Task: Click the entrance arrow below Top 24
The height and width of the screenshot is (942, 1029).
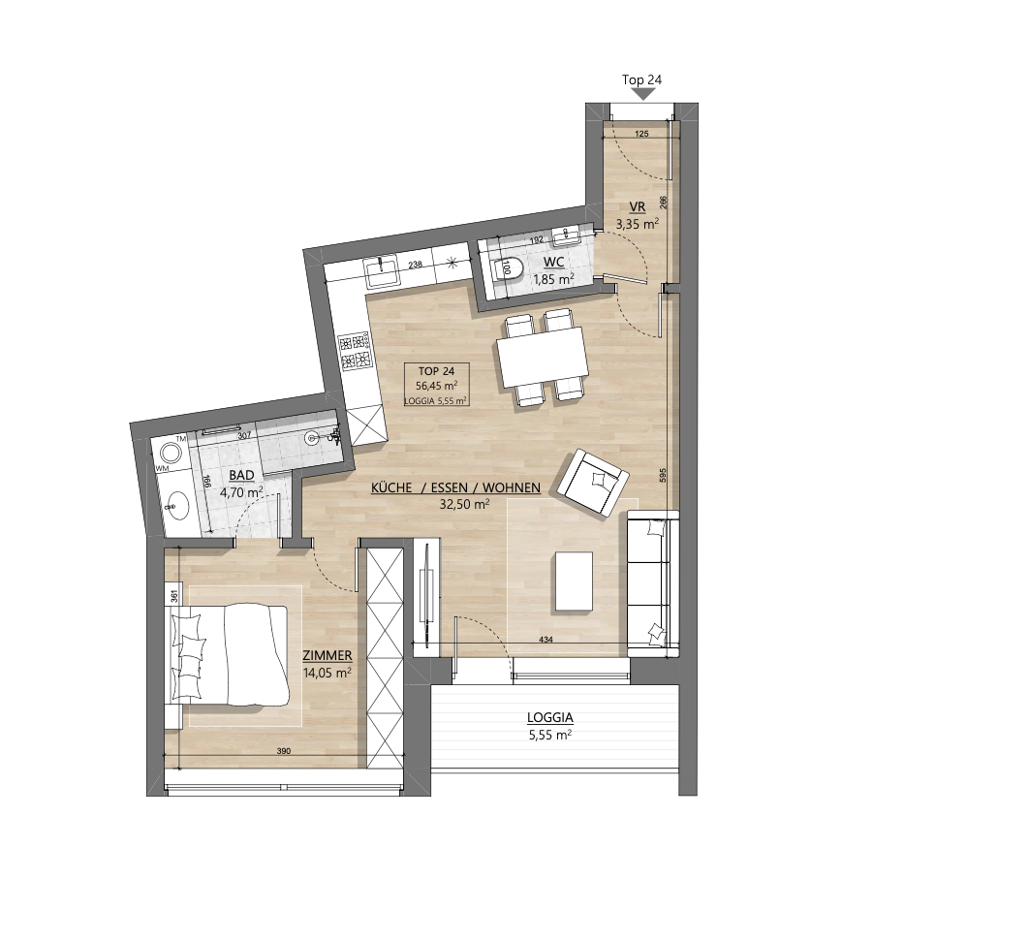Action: coord(644,95)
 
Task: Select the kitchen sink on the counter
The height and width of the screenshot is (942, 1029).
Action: coord(382,271)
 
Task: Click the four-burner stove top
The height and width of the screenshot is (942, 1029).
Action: coord(355,352)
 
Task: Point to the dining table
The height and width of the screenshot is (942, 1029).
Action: coord(542,358)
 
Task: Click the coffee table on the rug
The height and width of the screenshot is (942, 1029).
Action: coord(575,581)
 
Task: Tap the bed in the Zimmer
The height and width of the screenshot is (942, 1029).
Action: coord(230,655)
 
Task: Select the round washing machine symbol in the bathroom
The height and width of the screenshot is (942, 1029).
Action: coord(171,453)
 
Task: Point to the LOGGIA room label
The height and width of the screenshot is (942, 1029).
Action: coord(550,718)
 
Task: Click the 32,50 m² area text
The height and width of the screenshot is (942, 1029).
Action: coord(465,504)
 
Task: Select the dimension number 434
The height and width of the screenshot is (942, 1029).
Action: coord(546,640)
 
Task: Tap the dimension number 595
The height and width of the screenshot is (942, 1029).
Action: coord(663,476)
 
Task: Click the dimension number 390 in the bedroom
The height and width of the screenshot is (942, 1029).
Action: coord(283,751)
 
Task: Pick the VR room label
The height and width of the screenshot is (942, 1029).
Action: coord(638,207)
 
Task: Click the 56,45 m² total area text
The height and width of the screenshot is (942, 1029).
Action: coord(436,386)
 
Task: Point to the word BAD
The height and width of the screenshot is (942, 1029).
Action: coord(241,475)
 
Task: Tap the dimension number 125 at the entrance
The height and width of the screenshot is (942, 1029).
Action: coord(641,134)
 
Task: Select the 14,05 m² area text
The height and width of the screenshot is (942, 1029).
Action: coord(327,673)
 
